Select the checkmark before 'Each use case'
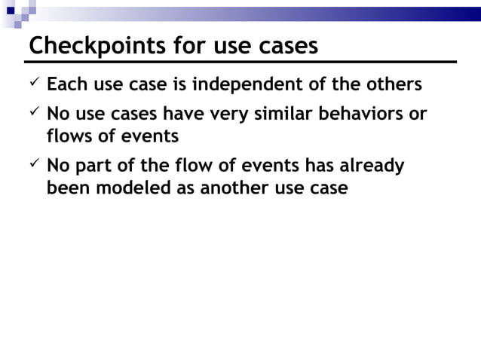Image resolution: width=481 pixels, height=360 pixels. [x=34, y=83]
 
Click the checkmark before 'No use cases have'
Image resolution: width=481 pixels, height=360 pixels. [x=34, y=114]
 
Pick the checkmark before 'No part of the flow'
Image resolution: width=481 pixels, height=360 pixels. [x=34, y=165]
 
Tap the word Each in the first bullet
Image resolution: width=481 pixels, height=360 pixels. [x=66, y=84]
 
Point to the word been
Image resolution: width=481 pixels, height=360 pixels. [x=67, y=188]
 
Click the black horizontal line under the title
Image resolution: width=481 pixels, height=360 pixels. [x=241, y=61]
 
